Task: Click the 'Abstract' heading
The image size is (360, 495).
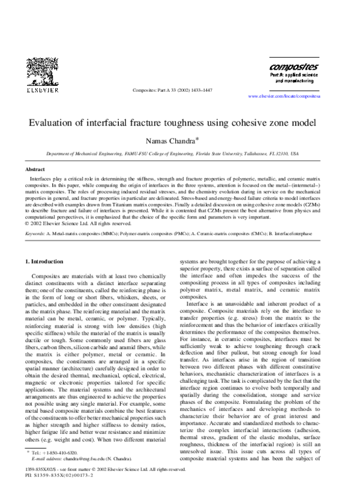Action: click(x=33, y=170)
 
